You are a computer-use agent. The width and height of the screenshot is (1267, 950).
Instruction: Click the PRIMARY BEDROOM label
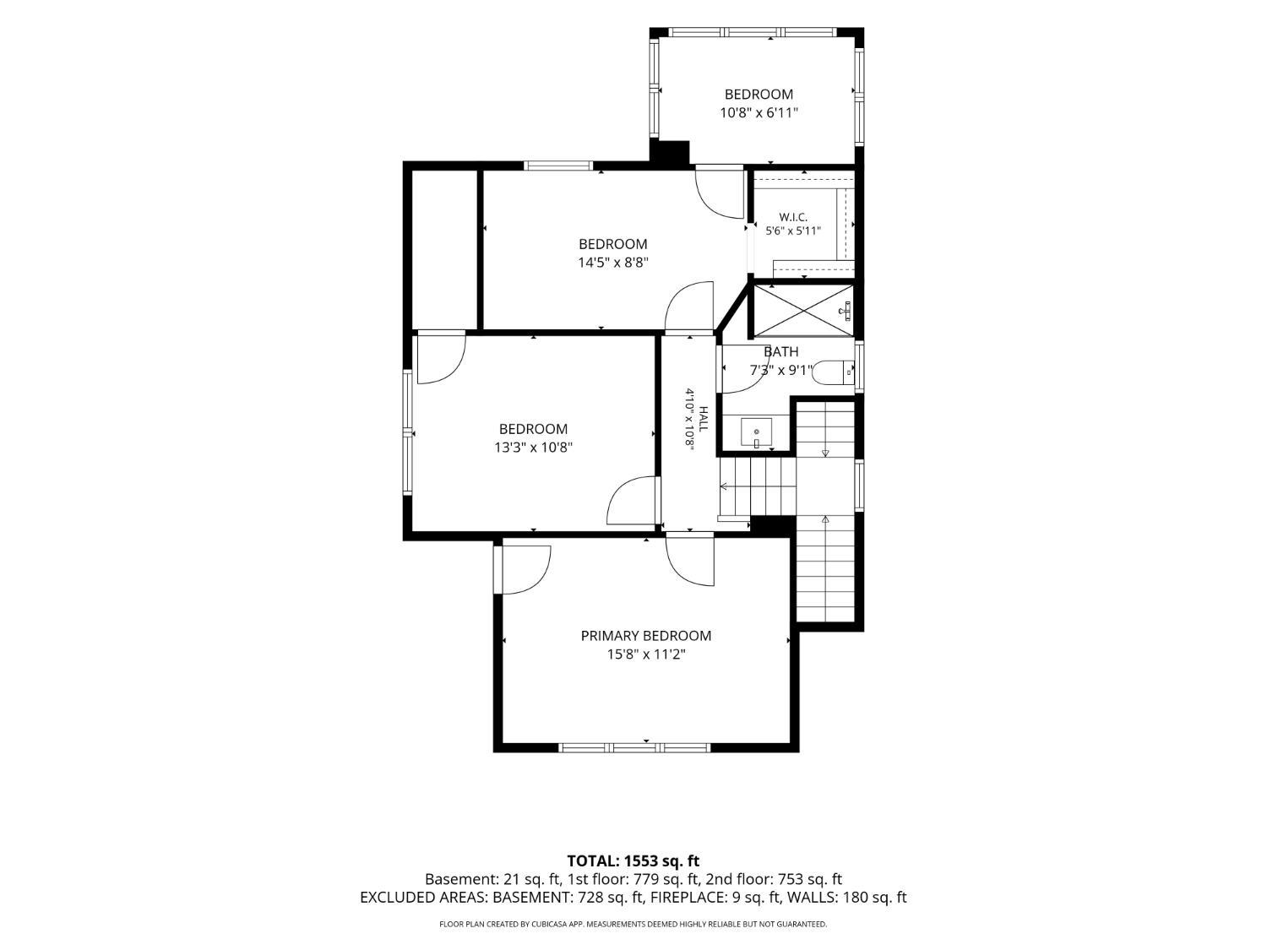[x=645, y=636]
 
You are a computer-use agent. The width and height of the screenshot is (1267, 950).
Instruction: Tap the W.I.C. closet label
[x=793, y=217]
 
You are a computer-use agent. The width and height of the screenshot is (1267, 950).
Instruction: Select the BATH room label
[x=781, y=351]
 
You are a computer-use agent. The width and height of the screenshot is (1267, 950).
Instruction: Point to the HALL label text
[x=703, y=419]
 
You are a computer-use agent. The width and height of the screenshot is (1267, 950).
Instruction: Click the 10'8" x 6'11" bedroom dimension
[x=759, y=112]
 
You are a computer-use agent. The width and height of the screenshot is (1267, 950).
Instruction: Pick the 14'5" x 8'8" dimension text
[x=613, y=263]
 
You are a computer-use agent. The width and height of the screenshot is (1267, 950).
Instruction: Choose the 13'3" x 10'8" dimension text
[x=533, y=447]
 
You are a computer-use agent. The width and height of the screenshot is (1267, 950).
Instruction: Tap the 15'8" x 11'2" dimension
[x=645, y=654]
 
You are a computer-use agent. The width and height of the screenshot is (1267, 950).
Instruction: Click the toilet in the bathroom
[x=833, y=372]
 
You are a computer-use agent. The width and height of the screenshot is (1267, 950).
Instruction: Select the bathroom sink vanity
[x=756, y=432]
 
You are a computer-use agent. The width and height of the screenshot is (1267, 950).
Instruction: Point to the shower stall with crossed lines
[x=803, y=310]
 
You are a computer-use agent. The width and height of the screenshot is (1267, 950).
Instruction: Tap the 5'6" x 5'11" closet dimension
[x=793, y=231]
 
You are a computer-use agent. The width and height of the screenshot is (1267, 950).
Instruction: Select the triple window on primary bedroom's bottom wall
[x=634, y=747]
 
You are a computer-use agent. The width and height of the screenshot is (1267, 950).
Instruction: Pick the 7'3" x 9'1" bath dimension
[x=781, y=370]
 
